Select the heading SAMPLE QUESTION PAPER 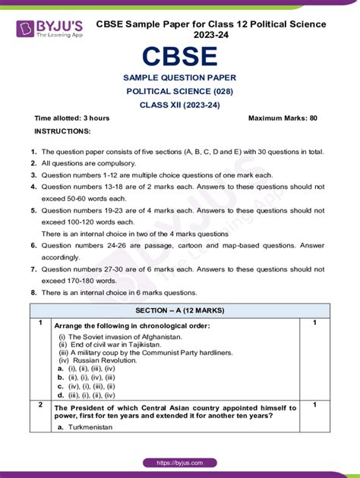coord(179,77)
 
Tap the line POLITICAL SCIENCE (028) coord(179,91)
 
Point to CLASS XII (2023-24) coord(179,105)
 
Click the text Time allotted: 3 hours coord(72,118)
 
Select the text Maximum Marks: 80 coord(283,118)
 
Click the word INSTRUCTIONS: coord(63,131)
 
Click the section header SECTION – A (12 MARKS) coord(179,310)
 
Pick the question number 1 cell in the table coord(40,323)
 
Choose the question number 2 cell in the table coord(40,405)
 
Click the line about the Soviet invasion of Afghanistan coord(120,336)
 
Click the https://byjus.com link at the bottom coord(179,463)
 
